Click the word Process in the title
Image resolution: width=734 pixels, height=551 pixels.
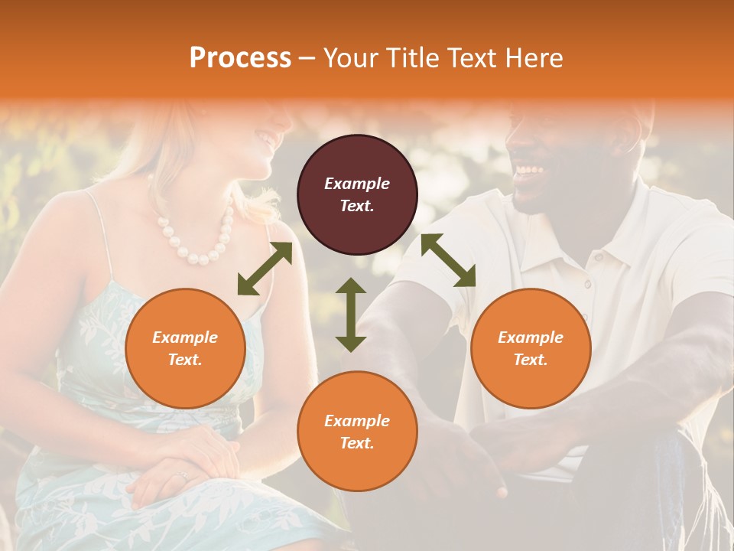[240, 58]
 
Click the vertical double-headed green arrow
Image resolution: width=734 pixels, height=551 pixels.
[351, 315]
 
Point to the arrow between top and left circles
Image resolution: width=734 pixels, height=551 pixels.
[265, 269]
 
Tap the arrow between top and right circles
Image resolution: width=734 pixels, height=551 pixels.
[448, 260]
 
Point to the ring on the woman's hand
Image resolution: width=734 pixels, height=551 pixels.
[182, 476]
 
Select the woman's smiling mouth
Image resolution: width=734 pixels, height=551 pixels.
[265, 139]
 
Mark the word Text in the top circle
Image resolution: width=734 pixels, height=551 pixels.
[357, 206]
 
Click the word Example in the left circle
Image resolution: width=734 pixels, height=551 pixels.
[185, 337]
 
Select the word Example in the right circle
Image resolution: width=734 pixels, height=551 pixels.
[531, 337]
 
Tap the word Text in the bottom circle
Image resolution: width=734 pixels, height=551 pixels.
[357, 443]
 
